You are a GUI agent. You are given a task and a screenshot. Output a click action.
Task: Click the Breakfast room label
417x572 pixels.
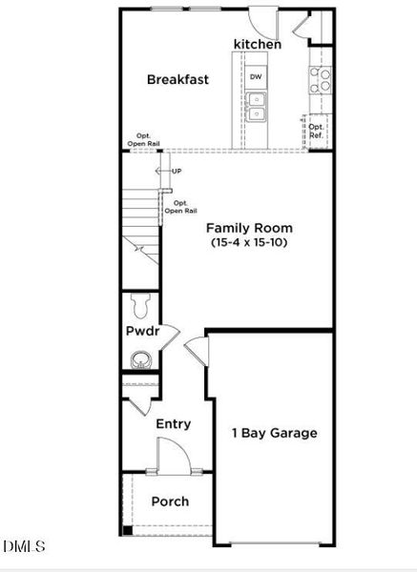pos(177,79)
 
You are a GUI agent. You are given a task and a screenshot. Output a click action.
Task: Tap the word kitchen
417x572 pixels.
pos(258,45)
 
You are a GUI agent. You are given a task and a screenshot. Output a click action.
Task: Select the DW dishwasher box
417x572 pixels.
pos(256,76)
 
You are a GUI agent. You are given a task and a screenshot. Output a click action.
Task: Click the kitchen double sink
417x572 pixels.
pos(256,105)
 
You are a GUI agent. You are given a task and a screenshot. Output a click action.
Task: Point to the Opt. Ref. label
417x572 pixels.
pos(317,131)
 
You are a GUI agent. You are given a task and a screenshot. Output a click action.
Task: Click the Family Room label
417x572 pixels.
pos(250,228)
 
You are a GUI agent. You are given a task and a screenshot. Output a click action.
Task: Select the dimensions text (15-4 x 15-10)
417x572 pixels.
pos(250,243)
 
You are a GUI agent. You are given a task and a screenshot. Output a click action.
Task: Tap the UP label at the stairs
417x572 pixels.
pos(176,172)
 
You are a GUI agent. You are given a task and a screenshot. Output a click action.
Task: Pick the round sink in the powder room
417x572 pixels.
pos(140,360)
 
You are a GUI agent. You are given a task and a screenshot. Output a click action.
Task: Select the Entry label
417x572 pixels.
pos(173,424)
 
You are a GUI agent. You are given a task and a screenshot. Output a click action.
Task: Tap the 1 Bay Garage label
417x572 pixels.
pos(275,433)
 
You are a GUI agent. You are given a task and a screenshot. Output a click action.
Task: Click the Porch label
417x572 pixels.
pos(171,501)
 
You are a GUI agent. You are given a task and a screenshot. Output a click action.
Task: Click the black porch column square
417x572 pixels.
pos(126,530)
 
